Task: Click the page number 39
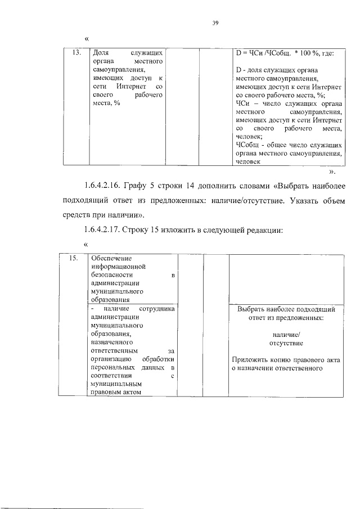click(215, 22)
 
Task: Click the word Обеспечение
click(111, 258)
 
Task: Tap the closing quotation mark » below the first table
click(332, 171)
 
